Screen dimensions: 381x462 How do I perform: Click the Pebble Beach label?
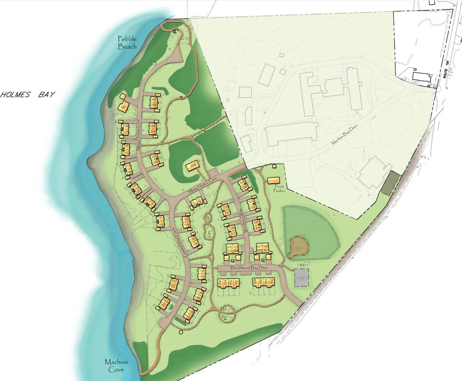127,43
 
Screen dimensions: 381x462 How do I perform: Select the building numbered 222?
193,165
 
